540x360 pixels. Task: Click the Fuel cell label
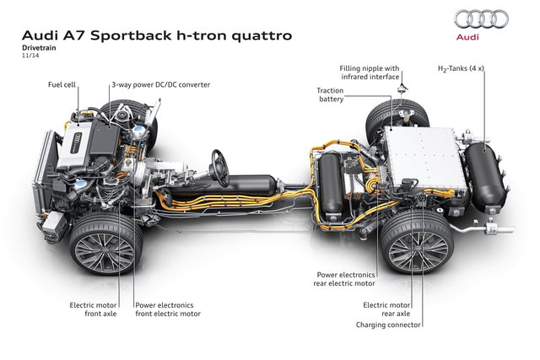65,85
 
